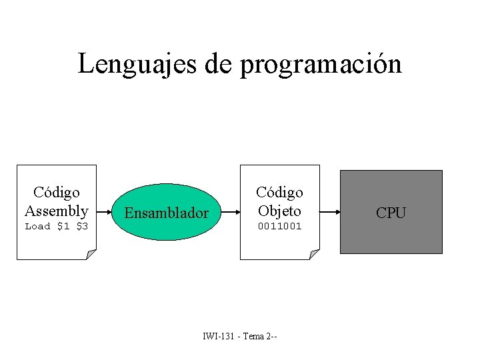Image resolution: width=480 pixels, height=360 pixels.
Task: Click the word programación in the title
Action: click(x=321, y=65)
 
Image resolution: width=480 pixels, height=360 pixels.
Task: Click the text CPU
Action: click(x=391, y=213)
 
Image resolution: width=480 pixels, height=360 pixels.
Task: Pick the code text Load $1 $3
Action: click(x=57, y=227)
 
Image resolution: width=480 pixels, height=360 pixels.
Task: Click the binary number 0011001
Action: click(x=279, y=227)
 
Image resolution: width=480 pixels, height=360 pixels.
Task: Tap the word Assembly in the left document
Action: click(x=57, y=211)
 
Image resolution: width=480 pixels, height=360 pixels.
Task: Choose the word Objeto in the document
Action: click(x=279, y=211)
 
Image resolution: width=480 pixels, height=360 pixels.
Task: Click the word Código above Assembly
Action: click(x=57, y=193)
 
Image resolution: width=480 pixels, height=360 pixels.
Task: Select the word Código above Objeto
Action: click(x=279, y=193)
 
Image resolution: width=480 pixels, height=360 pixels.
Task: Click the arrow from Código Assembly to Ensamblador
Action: click(x=104, y=212)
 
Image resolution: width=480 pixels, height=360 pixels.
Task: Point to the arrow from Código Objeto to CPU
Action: click(x=330, y=212)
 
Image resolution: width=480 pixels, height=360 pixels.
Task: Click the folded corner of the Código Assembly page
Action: click(x=91, y=254)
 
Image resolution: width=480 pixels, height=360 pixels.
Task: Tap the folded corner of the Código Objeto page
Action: click(x=314, y=254)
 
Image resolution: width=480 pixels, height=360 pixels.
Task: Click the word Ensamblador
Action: click(x=167, y=213)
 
